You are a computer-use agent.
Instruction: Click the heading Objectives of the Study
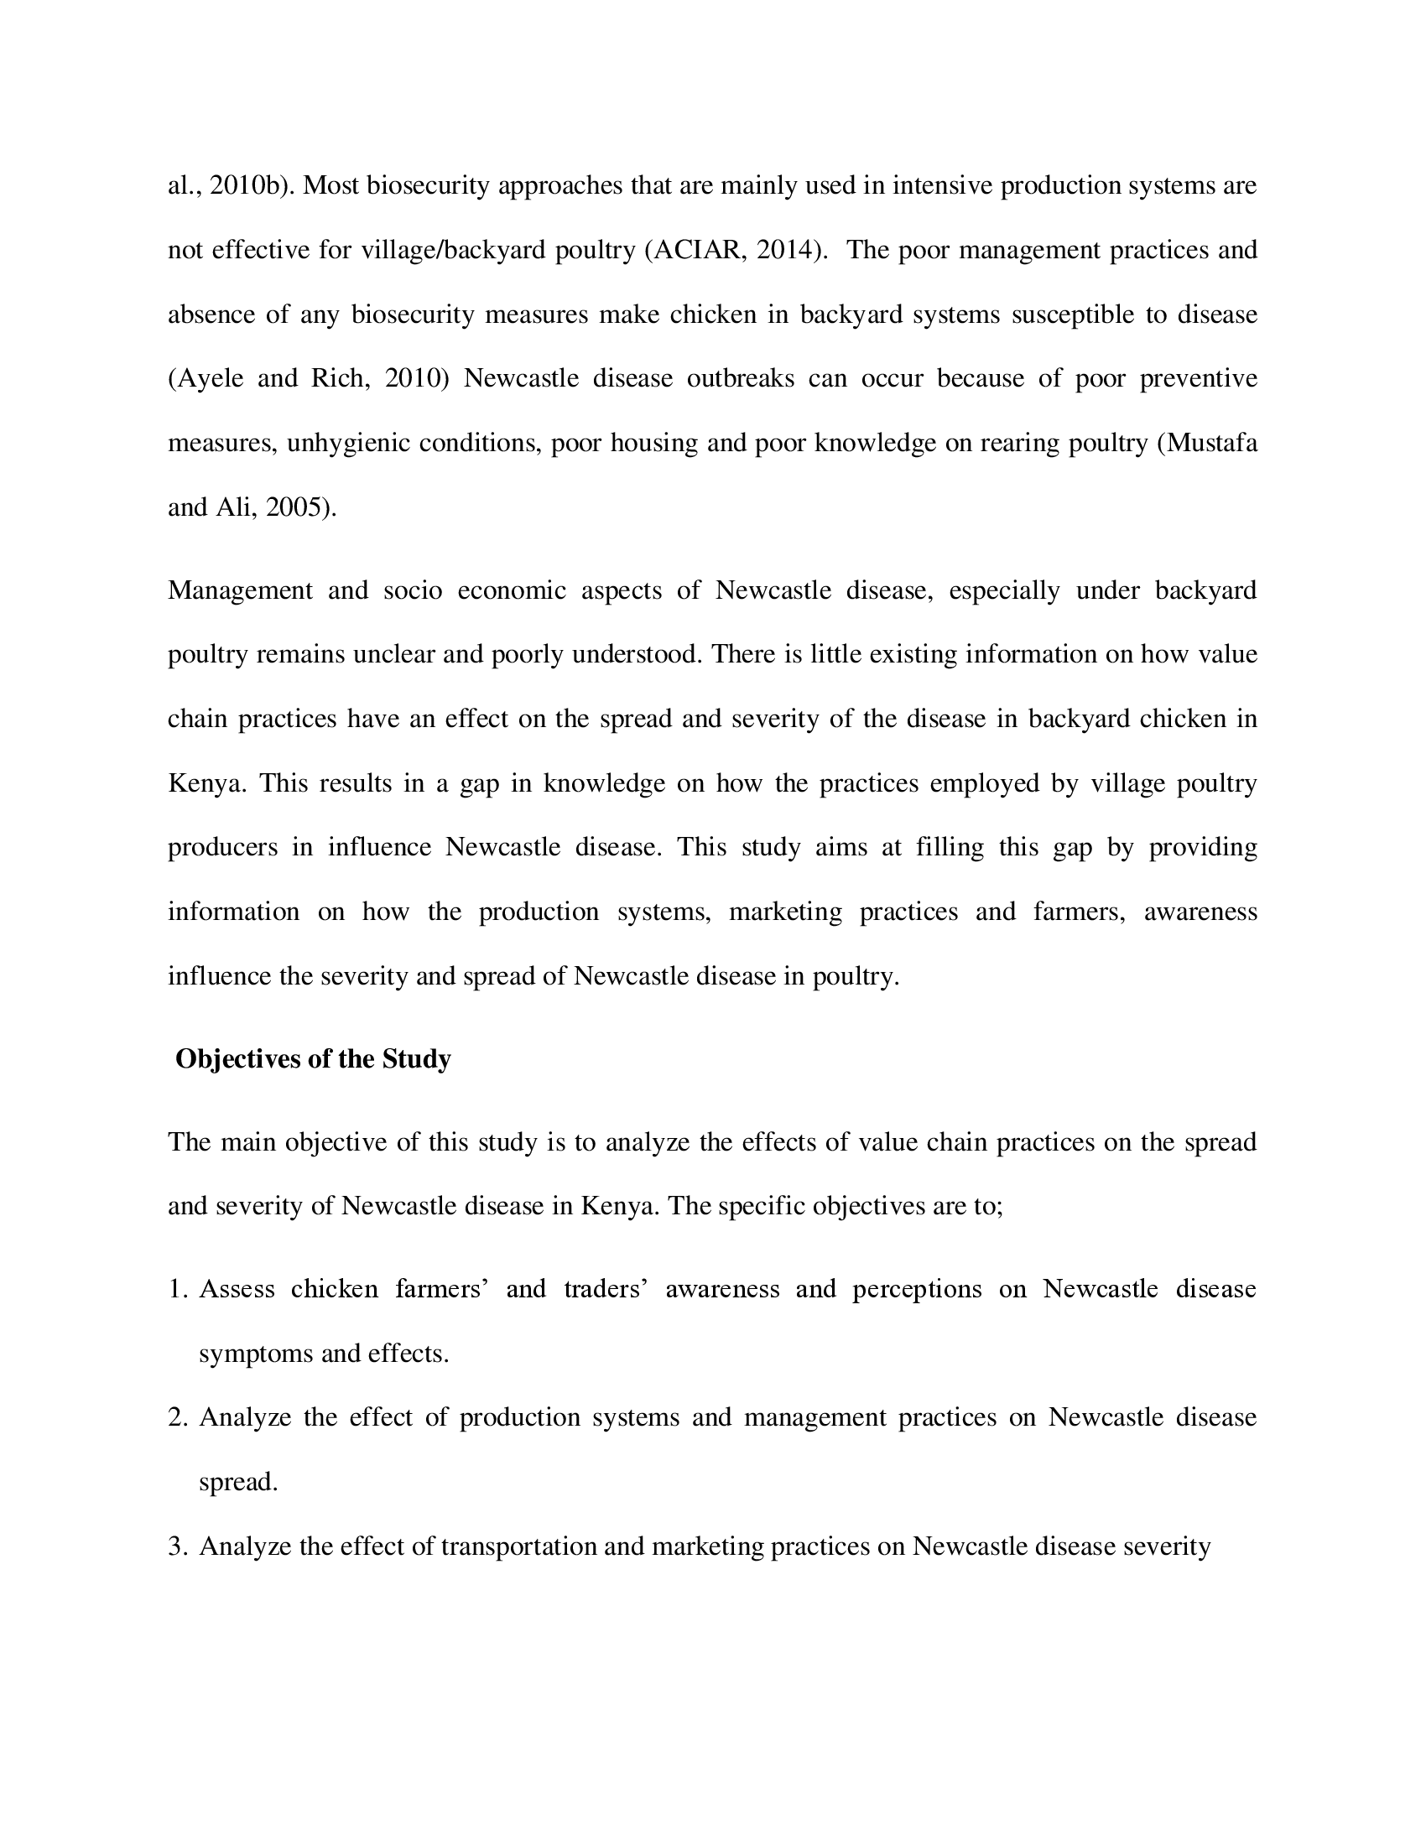tap(313, 1058)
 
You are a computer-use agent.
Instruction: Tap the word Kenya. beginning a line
tap(207, 783)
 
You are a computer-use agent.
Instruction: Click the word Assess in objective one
tap(237, 1289)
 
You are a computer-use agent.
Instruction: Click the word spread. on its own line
tap(237, 1483)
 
